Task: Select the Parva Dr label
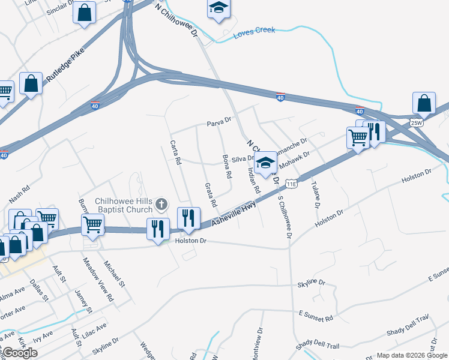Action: coord(219,122)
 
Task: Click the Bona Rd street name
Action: coord(227,167)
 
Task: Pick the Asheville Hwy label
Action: coord(235,214)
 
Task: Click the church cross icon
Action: coord(161,205)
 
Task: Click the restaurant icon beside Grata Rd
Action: coord(188,218)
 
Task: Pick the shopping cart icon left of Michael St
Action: coord(92,224)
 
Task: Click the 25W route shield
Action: coord(417,122)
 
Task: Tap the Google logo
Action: coord(20,352)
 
